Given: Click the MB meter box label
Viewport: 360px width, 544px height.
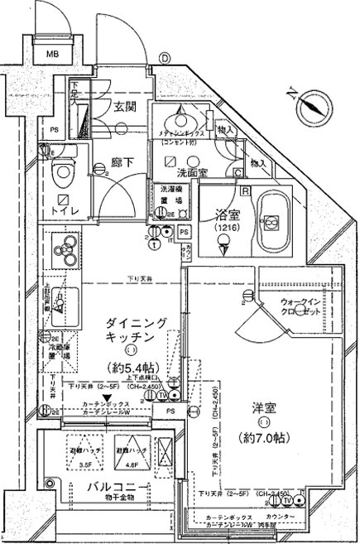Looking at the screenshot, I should [x=52, y=55].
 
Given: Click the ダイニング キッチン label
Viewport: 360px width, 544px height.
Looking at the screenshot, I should [x=129, y=330].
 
